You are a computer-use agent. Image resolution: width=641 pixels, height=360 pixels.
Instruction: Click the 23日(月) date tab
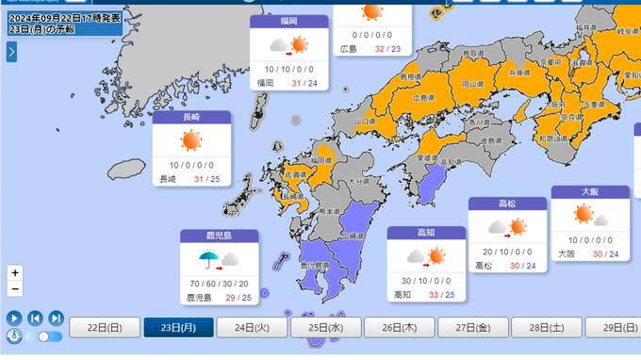coord(178,327)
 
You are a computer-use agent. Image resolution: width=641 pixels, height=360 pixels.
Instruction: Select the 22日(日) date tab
coord(105,327)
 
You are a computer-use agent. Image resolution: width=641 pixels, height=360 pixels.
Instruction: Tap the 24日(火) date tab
coord(252,327)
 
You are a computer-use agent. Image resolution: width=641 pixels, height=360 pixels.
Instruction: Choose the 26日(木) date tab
coord(399,327)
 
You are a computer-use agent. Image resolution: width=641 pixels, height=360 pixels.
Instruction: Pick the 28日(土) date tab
coord(546,327)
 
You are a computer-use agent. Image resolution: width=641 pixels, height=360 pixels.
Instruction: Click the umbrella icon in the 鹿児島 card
coord(207,257)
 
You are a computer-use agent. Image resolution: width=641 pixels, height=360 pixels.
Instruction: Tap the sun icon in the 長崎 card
coord(191,140)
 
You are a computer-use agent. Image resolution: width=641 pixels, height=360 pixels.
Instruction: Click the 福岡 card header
coord(288,22)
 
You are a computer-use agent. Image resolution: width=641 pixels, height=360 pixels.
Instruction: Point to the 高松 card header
coord(507,204)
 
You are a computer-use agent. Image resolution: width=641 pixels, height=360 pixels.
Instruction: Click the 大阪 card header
coord(589,191)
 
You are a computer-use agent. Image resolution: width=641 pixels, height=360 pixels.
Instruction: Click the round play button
coord(14,319)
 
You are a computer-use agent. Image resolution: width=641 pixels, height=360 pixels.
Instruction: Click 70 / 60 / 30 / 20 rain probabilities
coord(219,283)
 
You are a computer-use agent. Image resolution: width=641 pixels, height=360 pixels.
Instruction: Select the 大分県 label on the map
coord(357,181)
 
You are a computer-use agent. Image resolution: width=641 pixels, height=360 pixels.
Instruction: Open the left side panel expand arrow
coord(11,52)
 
